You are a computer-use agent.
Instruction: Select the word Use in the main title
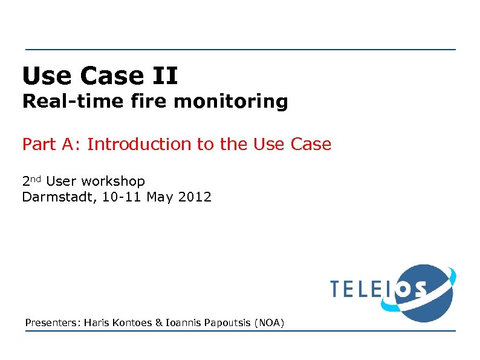[43, 77]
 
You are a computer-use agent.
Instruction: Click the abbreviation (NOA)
[269, 323]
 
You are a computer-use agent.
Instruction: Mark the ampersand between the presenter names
[159, 323]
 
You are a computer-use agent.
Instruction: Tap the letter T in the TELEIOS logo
[337, 289]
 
